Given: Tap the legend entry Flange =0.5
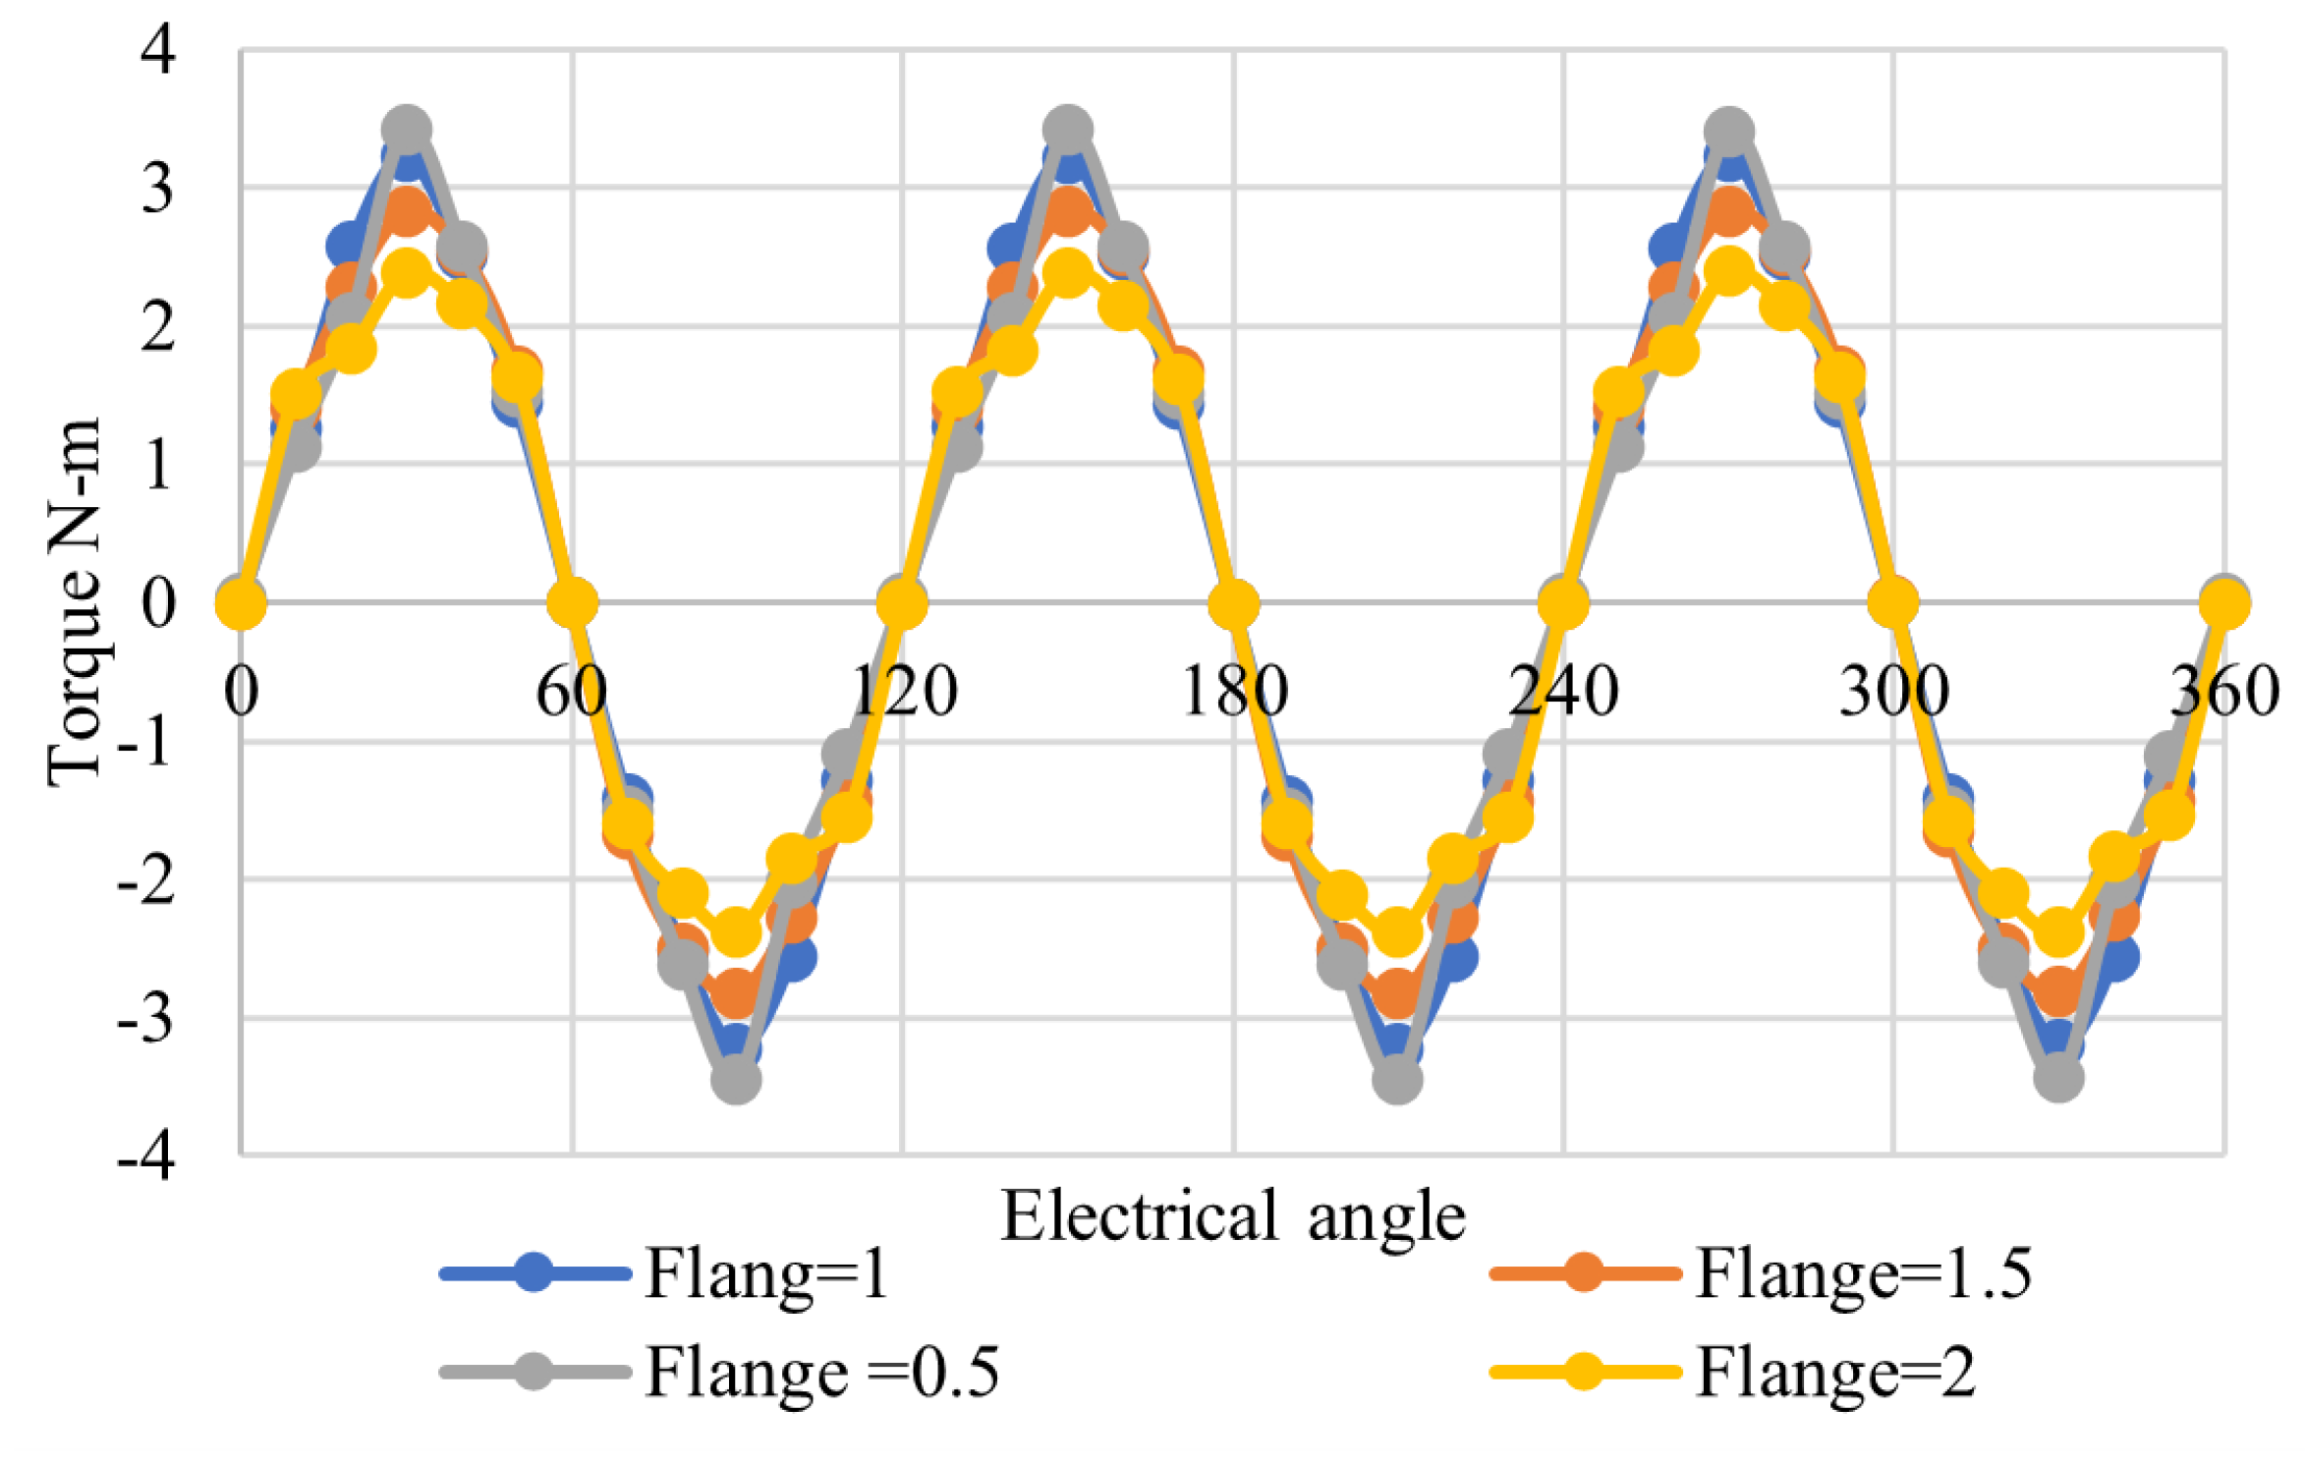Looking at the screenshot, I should pyautogui.click(x=821, y=1372).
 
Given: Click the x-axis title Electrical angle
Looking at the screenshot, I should pyautogui.click(x=1232, y=1216).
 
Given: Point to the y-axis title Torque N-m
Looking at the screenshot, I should pyautogui.click(x=74, y=601).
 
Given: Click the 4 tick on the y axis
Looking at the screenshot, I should pyautogui.click(x=158, y=49).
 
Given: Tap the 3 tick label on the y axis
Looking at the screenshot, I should pyautogui.click(x=158, y=188).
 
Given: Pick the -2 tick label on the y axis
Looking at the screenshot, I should pyautogui.click(x=146, y=880).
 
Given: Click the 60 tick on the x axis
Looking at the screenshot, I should pyautogui.click(x=571, y=691).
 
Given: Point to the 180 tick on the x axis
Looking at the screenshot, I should pyautogui.click(x=1233, y=691).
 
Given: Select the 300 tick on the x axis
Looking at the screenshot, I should pyautogui.click(x=1893, y=691).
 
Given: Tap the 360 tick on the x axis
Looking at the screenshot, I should pyautogui.click(x=2224, y=691).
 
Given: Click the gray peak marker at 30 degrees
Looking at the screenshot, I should pyautogui.click(x=407, y=130).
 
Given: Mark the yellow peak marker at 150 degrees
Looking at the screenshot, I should pyautogui.click(x=1068, y=272).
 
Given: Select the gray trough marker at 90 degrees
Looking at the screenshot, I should pyautogui.click(x=736, y=1079).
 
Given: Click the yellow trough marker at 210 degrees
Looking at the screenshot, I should pyautogui.click(x=1397, y=931).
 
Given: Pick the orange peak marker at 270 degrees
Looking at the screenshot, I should pyautogui.click(x=1729, y=211).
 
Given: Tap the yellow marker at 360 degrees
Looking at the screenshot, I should pyautogui.click(x=2225, y=603).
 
